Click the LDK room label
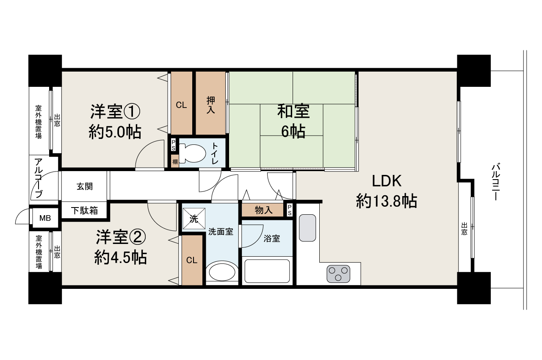click(386, 181)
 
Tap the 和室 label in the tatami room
click(293, 112)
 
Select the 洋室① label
click(115, 112)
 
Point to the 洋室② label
click(120, 237)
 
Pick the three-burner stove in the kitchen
click(338, 273)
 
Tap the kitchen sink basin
click(307, 227)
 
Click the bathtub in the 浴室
click(267, 271)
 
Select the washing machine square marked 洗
click(194, 219)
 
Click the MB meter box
click(45, 219)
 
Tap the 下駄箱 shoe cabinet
click(84, 210)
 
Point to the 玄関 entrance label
click(85, 186)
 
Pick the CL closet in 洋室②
click(192, 260)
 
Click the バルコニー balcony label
click(496, 182)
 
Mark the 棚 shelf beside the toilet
click(174, 161)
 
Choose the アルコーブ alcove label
click(39, 178)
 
